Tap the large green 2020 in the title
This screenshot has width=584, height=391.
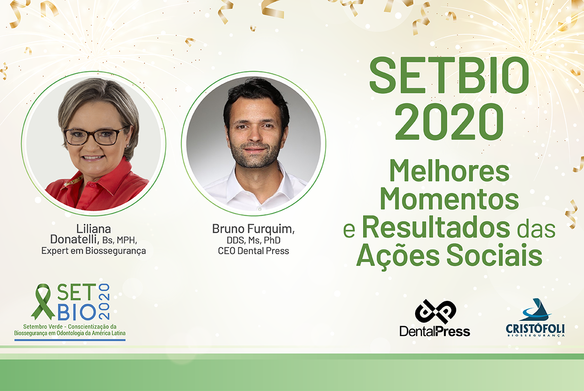(x=449, y=122)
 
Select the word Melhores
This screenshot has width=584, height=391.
(x=449, y=171)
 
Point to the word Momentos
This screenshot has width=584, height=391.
(x=449, y=199)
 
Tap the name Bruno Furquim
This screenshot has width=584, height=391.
(x=253, y=229)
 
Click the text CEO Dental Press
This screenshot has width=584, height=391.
(x=254, y=251)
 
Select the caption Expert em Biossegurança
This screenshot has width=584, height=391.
(x=93, y=251)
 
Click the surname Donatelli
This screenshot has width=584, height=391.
(x=74, y=239)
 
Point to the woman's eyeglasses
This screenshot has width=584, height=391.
(x=95, y=137)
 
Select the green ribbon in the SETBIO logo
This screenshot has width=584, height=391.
(x=43, y=302)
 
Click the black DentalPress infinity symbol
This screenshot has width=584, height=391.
(x=436, y=312)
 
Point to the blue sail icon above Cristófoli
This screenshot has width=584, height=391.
(x=535, y=310)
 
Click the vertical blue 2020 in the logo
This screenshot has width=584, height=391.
(x=104, y=301)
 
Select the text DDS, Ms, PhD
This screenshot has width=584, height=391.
(x=254, y=240)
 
